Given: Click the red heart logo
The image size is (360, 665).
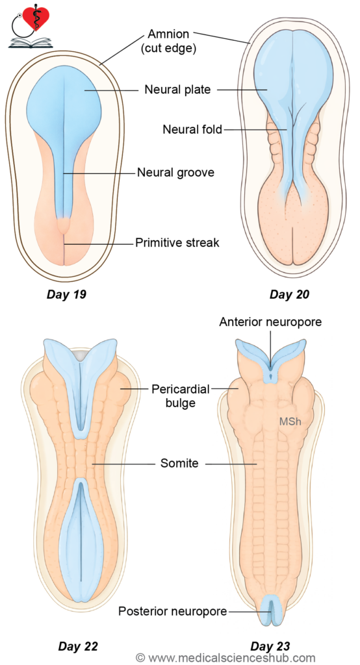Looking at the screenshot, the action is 36,18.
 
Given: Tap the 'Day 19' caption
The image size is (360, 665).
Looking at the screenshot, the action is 66,294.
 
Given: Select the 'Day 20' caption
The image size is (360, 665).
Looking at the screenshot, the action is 289,294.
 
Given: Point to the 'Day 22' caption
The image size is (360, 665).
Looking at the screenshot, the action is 78,646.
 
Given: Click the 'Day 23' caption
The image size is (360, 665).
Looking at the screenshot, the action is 270,646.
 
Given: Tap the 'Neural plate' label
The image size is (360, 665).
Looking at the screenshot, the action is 177,90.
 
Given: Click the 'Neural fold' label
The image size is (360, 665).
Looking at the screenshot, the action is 192,129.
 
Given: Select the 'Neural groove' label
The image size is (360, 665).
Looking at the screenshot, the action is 175,173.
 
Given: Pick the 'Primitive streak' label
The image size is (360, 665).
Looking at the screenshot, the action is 177,243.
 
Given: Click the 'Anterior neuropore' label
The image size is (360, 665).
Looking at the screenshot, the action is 270,322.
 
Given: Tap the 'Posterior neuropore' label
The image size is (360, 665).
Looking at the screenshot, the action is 173,611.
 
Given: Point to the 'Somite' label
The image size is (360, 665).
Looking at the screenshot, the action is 179,463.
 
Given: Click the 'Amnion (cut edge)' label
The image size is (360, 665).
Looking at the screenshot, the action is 168,41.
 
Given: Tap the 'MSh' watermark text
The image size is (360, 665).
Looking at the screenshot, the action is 290,421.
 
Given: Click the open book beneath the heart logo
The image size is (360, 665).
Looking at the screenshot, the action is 30,42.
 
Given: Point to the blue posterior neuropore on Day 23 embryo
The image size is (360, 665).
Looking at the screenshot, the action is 270,610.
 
